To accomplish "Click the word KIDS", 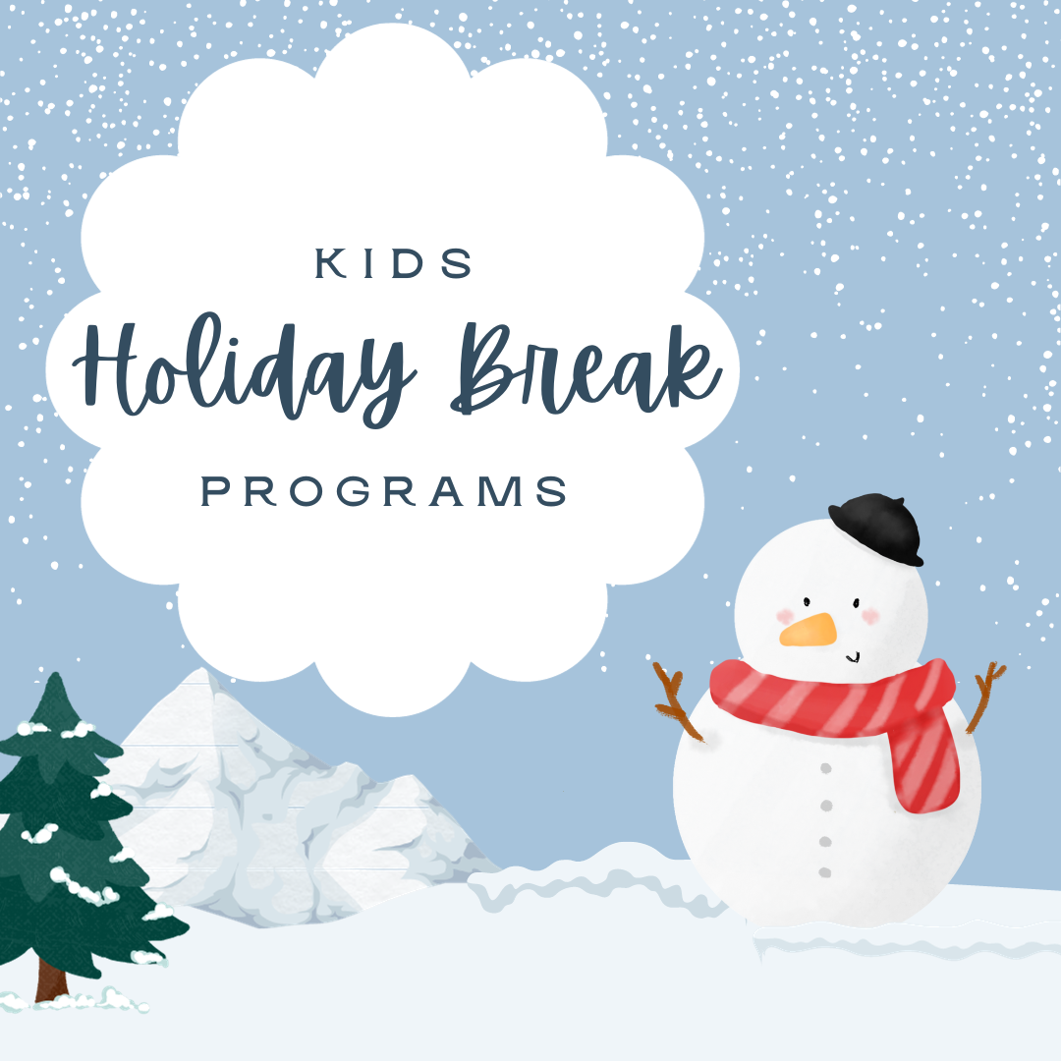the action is point(394,263).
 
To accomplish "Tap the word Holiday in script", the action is point(244,368).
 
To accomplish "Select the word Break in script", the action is point(586,368).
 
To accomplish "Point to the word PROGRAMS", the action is point(384,491).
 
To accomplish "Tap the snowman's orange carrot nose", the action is point(808,630).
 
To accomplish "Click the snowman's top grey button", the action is point(825,768).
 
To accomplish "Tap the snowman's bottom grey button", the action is point(825,873).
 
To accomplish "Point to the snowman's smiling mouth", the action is point(853,657).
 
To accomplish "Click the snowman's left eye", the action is point(807,601).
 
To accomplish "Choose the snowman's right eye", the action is point(856,603).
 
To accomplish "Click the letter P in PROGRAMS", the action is point(214,491).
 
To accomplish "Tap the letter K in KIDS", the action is point(331,263).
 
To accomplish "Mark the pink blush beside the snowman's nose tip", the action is point(785,616).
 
